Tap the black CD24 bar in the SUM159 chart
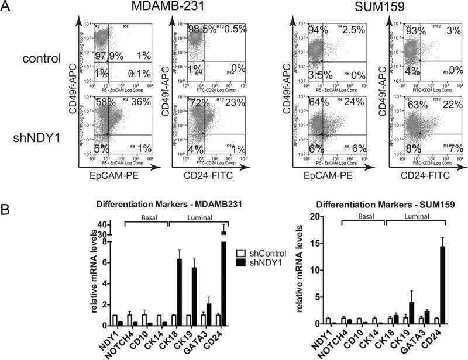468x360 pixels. [442, 285]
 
